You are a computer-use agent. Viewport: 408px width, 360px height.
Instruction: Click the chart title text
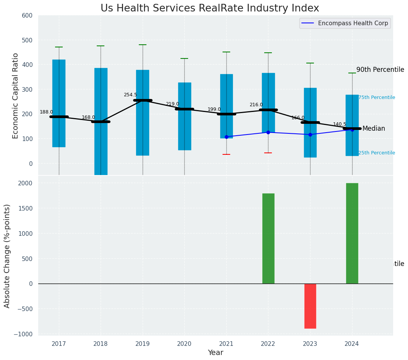coord(210,8)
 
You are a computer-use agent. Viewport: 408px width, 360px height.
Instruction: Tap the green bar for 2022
coord(268,238)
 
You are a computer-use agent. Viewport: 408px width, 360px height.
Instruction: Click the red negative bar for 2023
coord(310,306)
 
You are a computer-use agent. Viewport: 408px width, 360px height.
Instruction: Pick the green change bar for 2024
coord(352,233)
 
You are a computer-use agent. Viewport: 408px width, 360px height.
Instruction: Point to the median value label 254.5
coord(130,95)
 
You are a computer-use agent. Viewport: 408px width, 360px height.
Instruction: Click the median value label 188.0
coord(46,112)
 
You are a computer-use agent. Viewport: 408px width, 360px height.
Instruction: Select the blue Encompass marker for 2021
coord(226,137)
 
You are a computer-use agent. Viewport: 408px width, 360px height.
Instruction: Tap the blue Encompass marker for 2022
coord(268,132)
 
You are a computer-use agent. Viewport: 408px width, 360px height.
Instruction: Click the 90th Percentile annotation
coord(380,70)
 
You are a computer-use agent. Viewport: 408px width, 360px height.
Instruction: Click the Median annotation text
coord(374,128)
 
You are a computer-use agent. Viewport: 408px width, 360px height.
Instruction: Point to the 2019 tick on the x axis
coord(143,344)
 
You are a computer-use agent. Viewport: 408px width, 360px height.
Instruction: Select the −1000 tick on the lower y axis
coord(24,334)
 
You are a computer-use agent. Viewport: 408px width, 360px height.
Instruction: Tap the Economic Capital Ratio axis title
coord(16,96)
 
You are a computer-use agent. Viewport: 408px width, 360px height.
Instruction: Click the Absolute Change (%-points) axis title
coord(7,256)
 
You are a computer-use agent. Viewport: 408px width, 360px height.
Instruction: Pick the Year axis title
coord(215,353)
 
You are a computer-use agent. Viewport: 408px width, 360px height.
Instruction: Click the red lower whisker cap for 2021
coord(226,154)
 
